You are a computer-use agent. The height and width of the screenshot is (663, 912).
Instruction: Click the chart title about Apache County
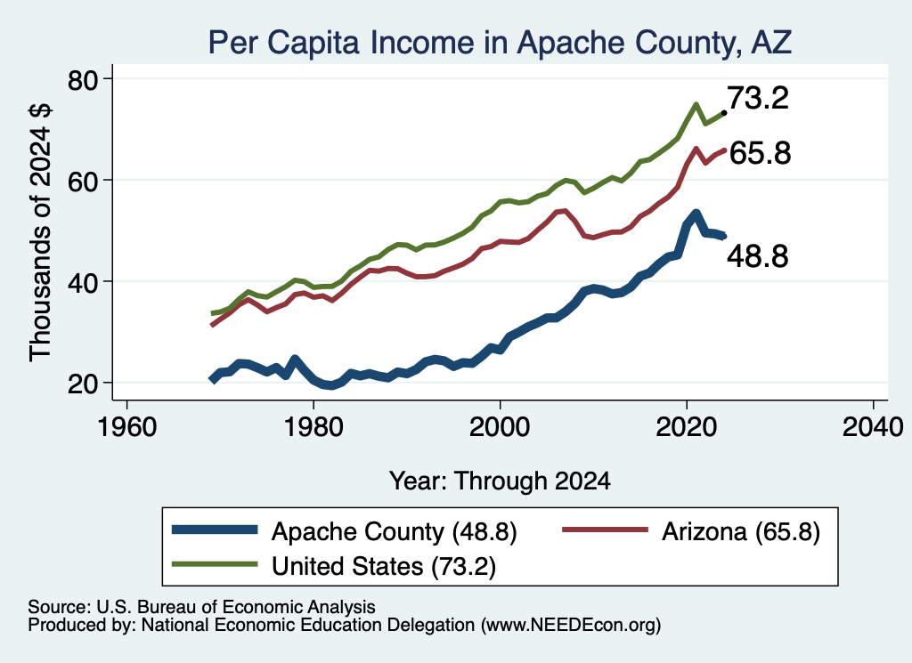[x=500, y=43]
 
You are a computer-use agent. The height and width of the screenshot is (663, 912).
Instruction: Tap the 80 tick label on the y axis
[x=83, y=79]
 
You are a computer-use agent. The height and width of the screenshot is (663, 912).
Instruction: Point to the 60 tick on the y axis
[x=83, y=181]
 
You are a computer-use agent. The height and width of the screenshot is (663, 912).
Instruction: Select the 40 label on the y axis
[x=83, y=282]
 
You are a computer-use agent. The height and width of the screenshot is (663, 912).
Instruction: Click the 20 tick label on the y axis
[x=83, y=384]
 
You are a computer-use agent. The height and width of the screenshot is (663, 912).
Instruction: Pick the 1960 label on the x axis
[x=126, y=428]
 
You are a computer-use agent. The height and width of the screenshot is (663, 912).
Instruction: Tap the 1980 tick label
[x=313, y=428]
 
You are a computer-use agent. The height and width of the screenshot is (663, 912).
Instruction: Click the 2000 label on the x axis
[x=500, y=428]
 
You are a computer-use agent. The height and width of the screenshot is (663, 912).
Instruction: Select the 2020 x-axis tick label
[x=687, y=428]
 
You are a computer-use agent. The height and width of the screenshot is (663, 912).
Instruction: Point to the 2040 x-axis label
[x=873, y=428]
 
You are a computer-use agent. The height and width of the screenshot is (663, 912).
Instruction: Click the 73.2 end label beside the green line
[x=758, y=98]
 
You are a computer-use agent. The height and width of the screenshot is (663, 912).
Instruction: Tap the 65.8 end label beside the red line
[x=761, y=153]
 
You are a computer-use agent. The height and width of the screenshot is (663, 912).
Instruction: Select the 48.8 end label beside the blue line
[x=758, y=256]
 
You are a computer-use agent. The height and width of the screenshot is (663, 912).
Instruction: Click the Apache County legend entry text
[x=395, y=531]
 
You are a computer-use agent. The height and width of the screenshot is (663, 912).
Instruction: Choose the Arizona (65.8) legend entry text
[x=741, y=531]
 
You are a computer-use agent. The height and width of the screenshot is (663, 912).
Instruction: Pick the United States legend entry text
[x=384, y=566]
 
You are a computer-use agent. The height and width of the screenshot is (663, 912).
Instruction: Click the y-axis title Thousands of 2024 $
[x=40, y=232]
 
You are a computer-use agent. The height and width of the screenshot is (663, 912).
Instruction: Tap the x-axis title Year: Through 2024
[x=500, y=481]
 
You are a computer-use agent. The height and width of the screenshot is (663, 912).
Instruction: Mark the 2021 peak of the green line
[x=696, y=105]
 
